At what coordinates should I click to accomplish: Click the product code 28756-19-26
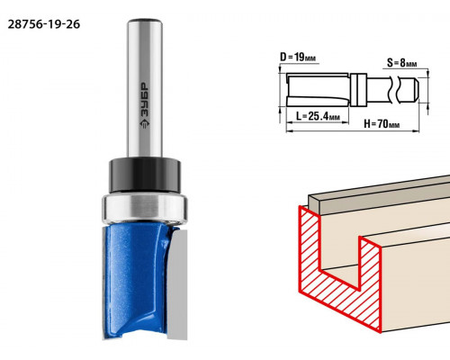coord(44,24)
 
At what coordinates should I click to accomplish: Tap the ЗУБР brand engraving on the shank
coord(145,100)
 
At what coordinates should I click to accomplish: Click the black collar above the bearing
coord(145,175)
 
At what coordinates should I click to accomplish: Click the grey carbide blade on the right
coord(177,284)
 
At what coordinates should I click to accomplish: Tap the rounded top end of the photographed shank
coord(145,22)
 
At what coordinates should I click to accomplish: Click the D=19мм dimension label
coord(298,57)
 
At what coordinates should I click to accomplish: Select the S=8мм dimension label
coord(401,63)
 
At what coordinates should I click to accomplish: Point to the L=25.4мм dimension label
coord(318,116)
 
